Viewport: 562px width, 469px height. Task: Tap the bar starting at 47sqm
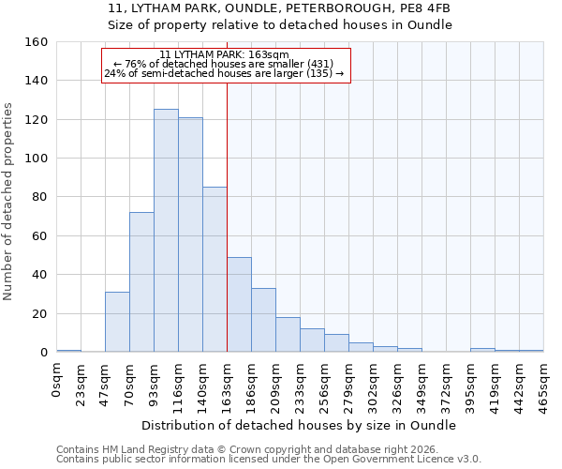pyautogui.click(x=117, y=322)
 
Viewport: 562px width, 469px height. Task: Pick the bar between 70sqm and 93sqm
pyautogui.click(x=141, y=281)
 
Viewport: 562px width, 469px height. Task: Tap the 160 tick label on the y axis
pyautogui.click(x=37, y=42)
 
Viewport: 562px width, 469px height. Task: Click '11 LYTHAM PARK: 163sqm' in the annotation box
pyautogui.click(x=224, y=55)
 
